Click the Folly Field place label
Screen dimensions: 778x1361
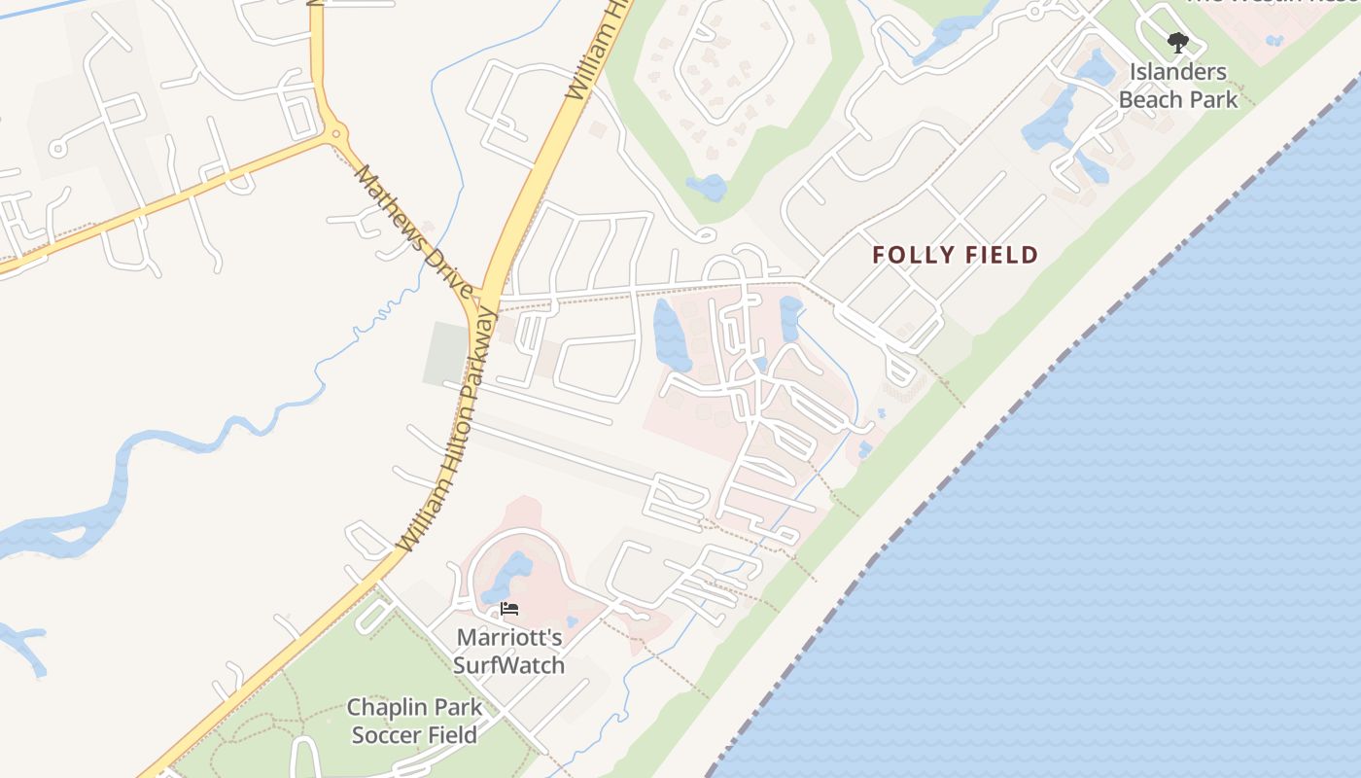955,256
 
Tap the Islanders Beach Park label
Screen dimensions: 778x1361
1178,86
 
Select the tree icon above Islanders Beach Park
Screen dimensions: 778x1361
1177,43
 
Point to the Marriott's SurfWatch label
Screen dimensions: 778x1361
508,652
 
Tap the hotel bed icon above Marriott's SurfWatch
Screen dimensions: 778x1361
509,610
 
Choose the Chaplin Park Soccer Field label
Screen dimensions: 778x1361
414,721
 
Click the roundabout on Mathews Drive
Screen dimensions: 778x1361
335,133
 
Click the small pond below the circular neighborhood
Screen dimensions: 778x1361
707,186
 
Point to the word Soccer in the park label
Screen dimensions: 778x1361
387,734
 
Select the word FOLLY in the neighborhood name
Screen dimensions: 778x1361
908,256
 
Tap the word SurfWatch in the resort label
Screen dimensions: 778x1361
508,665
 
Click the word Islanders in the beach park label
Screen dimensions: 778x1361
1178,72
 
